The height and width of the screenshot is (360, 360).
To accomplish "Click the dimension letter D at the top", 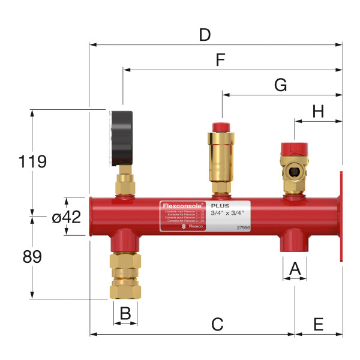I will click(x=205, y=34).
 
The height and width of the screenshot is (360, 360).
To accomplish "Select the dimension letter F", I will click(x=220, y=60).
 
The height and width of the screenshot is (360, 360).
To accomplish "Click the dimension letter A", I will click(x=295, y=269).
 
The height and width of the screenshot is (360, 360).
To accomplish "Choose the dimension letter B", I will click(x=125, y=313).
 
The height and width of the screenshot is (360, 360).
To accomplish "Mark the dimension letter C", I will click(x=217, y=324).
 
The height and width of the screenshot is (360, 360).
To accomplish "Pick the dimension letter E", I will click(x=318, y=324).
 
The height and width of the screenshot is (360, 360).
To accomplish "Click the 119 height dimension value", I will click(x=32, y=161).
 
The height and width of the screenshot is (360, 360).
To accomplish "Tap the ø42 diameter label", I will click(x=66, y=217).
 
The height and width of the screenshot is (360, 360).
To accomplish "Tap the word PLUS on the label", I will click(x=220, y=206).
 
